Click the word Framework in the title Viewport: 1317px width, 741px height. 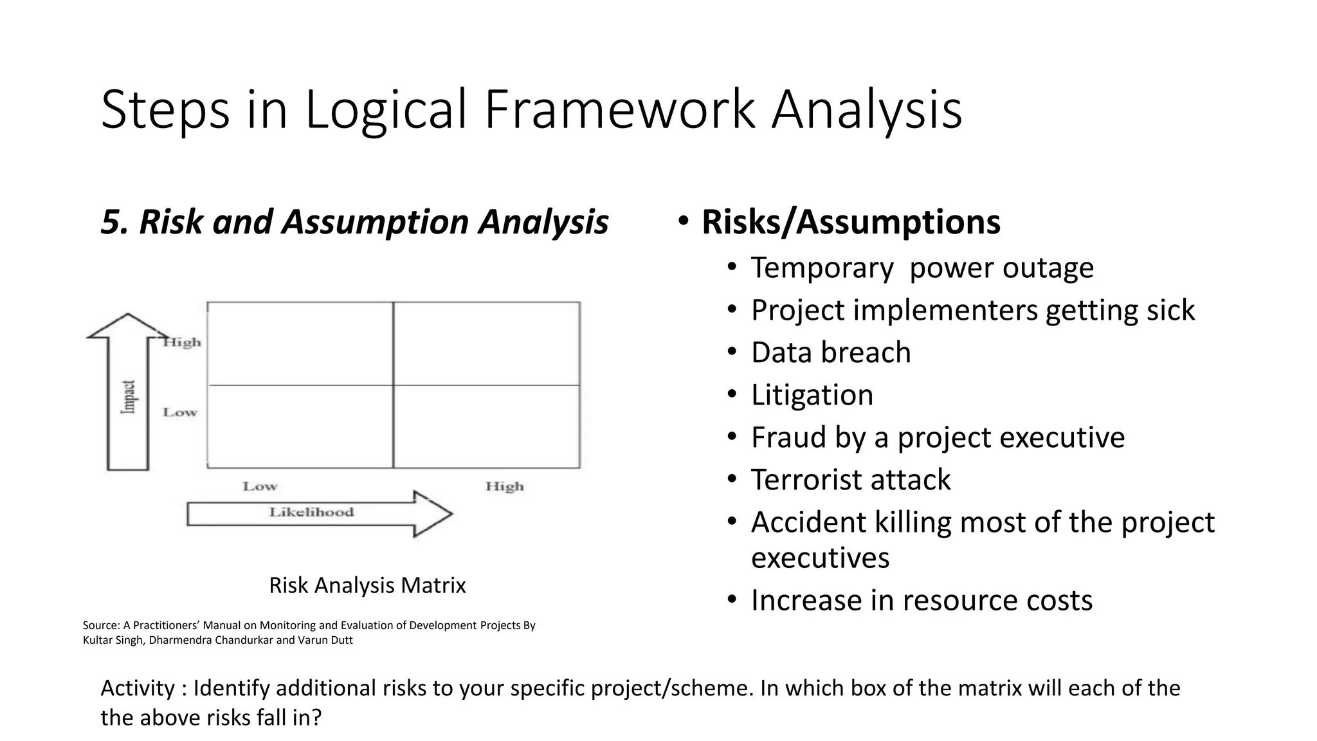[619, 109]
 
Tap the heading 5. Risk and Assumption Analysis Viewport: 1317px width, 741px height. [354, 222]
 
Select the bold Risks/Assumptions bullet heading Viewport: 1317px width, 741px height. [850, 222]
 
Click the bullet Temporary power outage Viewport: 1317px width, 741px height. [922, 268]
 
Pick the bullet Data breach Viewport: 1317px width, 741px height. [830, 352]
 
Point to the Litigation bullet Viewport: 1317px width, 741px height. [812, 395]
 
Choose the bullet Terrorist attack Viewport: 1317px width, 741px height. [850, 480]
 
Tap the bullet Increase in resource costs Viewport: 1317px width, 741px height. [922, 600]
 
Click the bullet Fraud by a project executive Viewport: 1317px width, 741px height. [938, 437]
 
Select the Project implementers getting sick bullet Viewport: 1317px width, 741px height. [972, 310]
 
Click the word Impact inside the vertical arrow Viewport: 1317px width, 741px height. [129, 397]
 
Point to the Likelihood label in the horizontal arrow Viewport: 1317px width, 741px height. [311, 513]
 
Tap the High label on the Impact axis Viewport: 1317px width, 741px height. [182, 342]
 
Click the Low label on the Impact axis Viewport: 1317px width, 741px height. [180, 412]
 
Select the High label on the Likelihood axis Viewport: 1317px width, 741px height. [504, 486]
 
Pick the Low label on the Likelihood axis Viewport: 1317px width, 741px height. [260, 486]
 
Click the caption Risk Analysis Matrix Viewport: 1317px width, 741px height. [367, 585]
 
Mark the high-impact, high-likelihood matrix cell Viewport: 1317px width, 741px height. [486, 343]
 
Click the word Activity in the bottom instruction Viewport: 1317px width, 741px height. [137, 688]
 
